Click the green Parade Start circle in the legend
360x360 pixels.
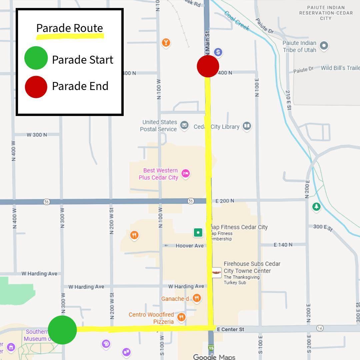pyautogui.click(x=36, y=58)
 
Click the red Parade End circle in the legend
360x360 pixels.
pyautogui.click(x=36, y=87)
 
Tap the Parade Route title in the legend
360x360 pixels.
pyautogui.click(x=69, y=28)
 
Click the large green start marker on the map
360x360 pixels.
pyautogui.click(x=62, y=330)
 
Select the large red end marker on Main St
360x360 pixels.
pyautogui.click(x=208, y=66)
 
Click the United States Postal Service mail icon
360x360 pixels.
pyautogui.click(x=184, y=125)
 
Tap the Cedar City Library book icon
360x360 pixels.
pyautogui.click(x=247, y=126)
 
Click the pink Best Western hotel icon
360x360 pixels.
pyautogui.click(x=186, y=173)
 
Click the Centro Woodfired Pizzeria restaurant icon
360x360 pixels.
pyautogui.click(x=181, y=317)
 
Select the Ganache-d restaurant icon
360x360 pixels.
pyautogui.click(x=197, y=298)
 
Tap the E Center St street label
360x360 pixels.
pyautogui.click(x=230, y=329)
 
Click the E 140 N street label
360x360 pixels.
pyautogui.click(x=283, y=245)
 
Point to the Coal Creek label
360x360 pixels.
pyautogui.click(x=237, y=21)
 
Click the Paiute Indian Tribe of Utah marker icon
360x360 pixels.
pyautogui.click(x=324, y=45)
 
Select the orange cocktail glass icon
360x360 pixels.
pyautogui.click(x=166, y=42)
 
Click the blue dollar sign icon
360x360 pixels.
pyautogui.click(x=218, y=52)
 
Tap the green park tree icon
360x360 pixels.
pyautogui.click(x=316, y=207)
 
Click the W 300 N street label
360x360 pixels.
pyautogui.click(x=37, y=135)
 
